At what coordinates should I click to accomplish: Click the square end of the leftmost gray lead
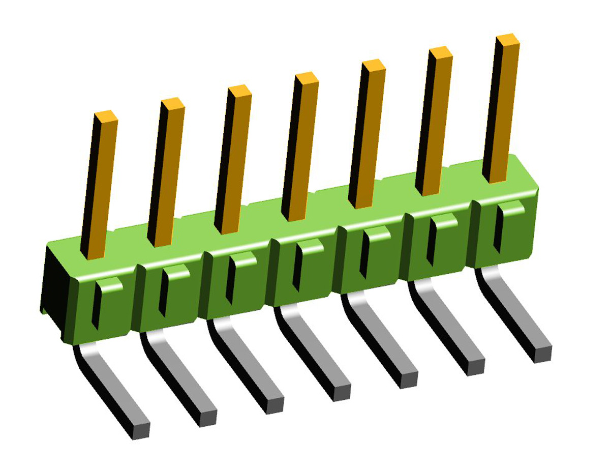pyautogui.click(x=141, y=430)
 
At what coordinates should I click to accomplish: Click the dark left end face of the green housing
pyautogui.click(x=53, y=290)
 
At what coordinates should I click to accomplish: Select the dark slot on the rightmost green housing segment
pyautogui.click(x=497, y=231)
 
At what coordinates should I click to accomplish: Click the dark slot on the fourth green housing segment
pyautogui.click(x=296, y=270)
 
